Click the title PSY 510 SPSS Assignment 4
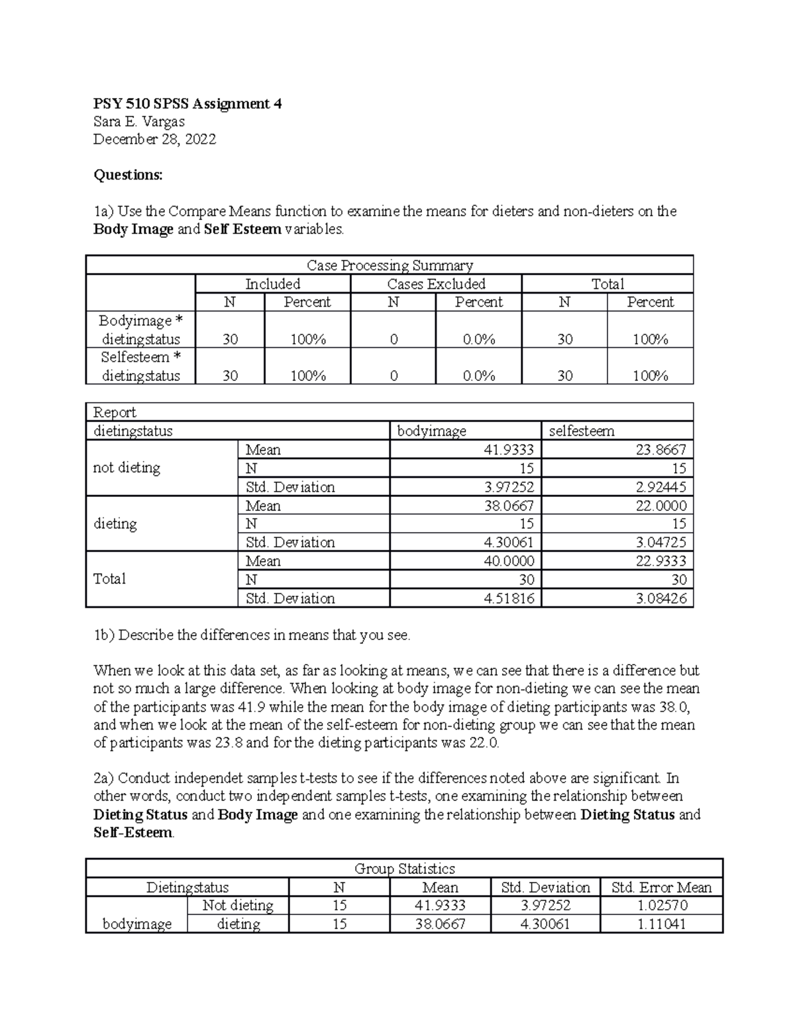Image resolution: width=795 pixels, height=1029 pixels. coord(187,104)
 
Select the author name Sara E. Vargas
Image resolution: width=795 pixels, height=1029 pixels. coord(139,122)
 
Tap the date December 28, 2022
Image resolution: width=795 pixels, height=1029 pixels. coord(154,140)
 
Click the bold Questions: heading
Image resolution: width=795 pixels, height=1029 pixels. coord(128,175)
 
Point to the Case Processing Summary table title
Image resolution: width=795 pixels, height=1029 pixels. coord(390,266)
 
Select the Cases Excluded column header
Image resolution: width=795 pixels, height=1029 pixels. coord(436,284)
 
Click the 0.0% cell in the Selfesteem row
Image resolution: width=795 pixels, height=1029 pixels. coord(478,376)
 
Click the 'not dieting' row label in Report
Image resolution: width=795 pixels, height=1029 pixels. coord(127,468)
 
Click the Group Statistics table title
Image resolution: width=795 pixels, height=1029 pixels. coord(404,869)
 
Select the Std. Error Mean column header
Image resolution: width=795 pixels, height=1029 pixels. coord(661,888)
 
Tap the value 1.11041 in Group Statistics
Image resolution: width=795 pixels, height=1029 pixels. coord(661,924)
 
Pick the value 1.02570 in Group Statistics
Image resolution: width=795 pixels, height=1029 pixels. coord(661,906)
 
